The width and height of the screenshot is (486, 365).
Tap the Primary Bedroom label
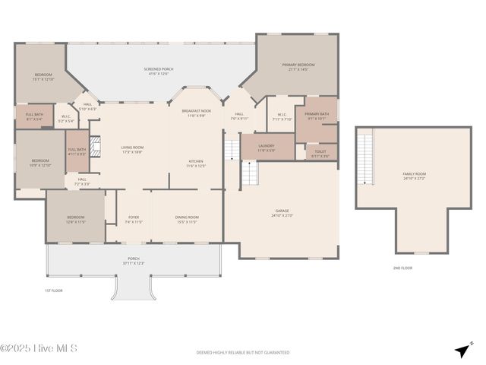click(x=298, y=65)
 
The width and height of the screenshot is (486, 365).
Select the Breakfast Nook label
click(x=194, y=111)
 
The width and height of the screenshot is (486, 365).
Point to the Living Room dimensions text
click(x=132, y=152)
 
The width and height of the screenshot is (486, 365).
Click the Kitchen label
click(x=195, y=161)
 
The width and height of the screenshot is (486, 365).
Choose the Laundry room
click(x=267, y=147)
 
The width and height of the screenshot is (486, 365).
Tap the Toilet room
click(x=320, y=152)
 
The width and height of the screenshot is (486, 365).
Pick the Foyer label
click(x=134, y=217)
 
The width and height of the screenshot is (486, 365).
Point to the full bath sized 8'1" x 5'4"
click(x=34, y=116)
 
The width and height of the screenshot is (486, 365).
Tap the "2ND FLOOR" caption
click(x=402, y=268)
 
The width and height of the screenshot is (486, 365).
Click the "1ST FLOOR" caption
click(x=53, y=290)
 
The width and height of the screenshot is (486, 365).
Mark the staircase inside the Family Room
click(x=366, y=158)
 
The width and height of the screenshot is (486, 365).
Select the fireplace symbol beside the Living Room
click(x=95, y=147)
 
